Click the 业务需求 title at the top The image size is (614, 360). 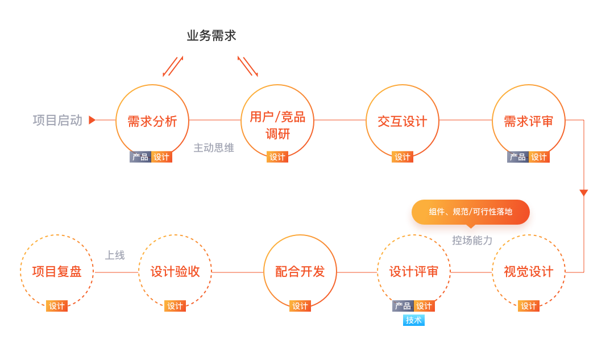point(211,36)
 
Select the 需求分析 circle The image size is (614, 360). point(152,121)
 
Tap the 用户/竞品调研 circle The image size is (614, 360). point(277,121)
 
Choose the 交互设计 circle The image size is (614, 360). point(403,121)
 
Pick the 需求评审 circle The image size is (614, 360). point(528,121)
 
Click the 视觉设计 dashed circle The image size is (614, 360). point(528,272)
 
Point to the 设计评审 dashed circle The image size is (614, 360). point(414,272)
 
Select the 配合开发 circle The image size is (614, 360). point(300,272)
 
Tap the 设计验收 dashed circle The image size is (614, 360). point(175,272)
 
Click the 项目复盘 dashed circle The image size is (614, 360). point(57,272)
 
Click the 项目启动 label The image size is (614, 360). point(57,120)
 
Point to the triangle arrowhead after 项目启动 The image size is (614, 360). point(92,120)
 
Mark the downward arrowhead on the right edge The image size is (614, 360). point(583,193)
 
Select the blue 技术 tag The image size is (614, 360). point(414,320)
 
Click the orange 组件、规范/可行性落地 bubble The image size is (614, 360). point(471,212)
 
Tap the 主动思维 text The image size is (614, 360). point(214,148)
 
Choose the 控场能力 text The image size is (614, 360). point(472,241)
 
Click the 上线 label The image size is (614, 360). point(115,255)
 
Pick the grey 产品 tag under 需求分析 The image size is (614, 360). point(140,157)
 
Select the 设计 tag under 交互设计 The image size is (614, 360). point(403,157)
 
